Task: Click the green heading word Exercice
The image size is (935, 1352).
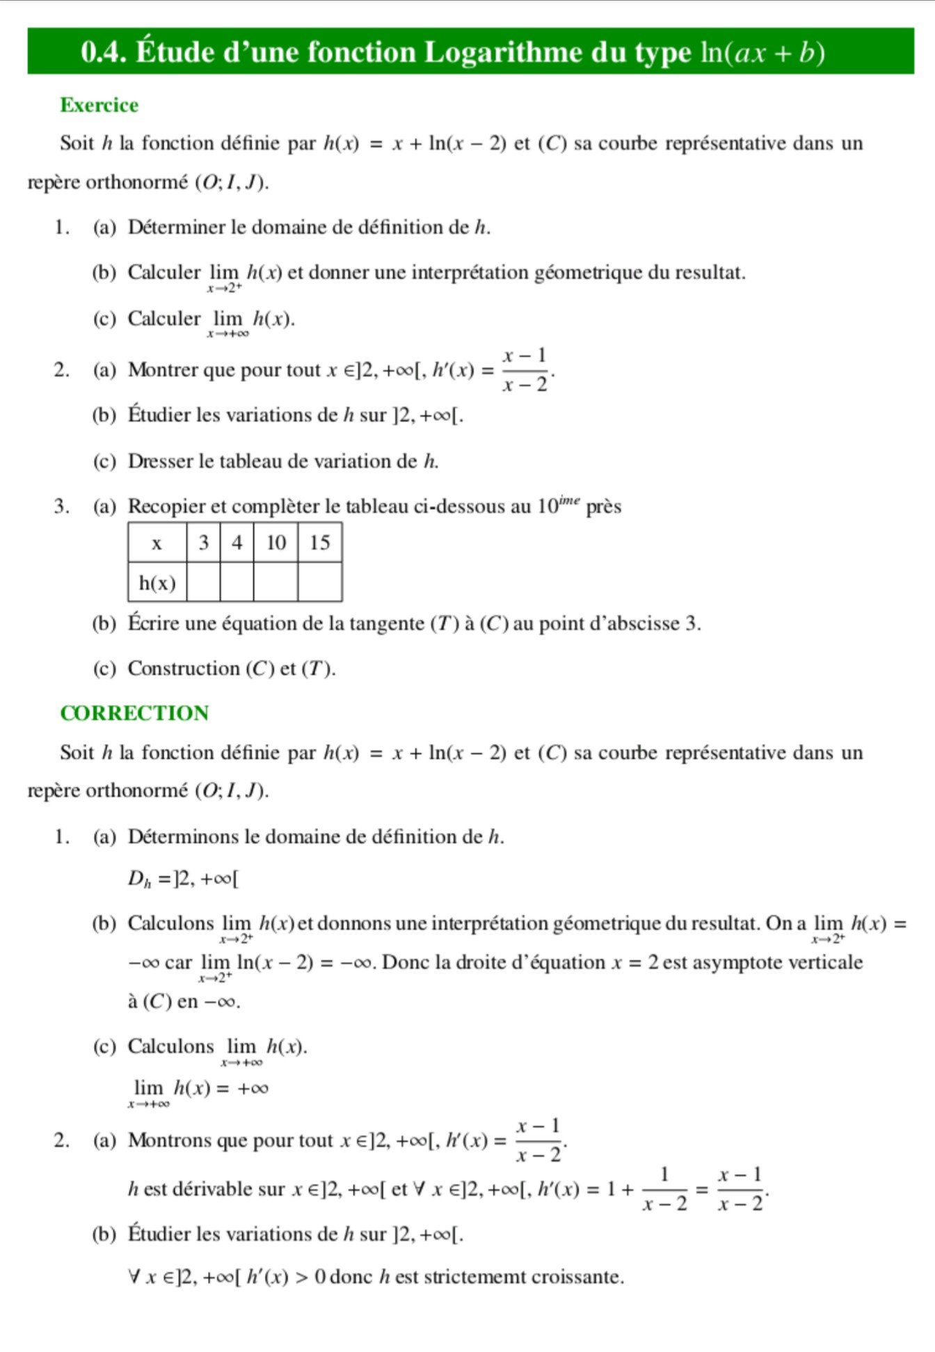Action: (99, 105)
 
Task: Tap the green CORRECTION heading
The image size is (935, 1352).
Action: (134, 713)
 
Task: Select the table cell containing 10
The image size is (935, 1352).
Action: (275, 543)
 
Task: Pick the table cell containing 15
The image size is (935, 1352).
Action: (319, 543)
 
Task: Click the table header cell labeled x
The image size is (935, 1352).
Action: (157, 543)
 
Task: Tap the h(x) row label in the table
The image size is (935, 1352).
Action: (157, 582)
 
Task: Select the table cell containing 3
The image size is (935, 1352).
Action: (203, 543)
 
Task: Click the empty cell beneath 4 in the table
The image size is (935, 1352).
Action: (237, 582)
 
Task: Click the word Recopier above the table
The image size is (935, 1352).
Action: (166, 507)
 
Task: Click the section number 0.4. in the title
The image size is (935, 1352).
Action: (104, 52)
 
